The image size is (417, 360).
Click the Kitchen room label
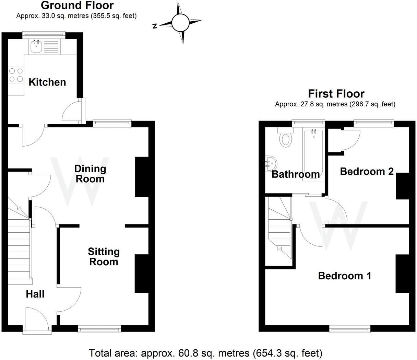[x=47, y=82]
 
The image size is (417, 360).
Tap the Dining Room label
[x=90, y=174]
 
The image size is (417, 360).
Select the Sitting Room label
[x=104, y=257]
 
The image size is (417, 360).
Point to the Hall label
[x=35, y=294]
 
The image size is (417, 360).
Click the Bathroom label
[x=295, y=174]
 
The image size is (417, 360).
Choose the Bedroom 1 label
[x=345, y=276]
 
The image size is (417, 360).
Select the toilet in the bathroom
[x=286, y=138]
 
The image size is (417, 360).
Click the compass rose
[x=180, y=23]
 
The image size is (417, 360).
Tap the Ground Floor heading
[x=77, y=5]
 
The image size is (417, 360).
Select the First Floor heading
[x=336, y=93]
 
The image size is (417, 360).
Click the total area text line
[x=205, y=353]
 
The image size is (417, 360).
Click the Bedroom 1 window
[x=350, y=329]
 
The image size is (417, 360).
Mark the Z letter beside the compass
[x=155, y=26]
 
